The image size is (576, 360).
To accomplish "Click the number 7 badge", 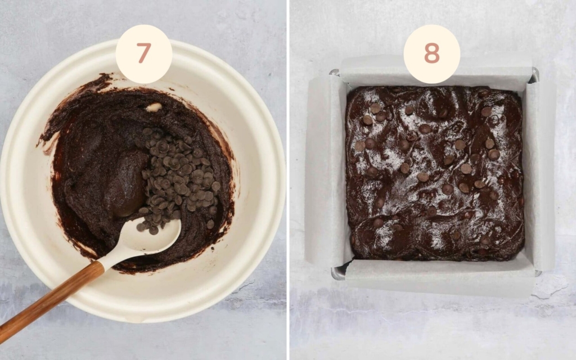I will (143, 54).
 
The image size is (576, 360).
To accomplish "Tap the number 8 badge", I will (431, 54).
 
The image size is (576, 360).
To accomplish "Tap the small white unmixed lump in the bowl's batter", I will (154, 107).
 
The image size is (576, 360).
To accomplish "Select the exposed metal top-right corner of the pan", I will (534, 74).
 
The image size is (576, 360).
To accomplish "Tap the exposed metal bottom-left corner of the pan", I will (337, 273).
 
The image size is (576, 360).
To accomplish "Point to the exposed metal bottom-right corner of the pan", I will (537, 273).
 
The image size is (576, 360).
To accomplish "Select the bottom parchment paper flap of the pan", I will (439, 279).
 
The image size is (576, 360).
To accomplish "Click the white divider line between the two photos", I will (288, 180).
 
